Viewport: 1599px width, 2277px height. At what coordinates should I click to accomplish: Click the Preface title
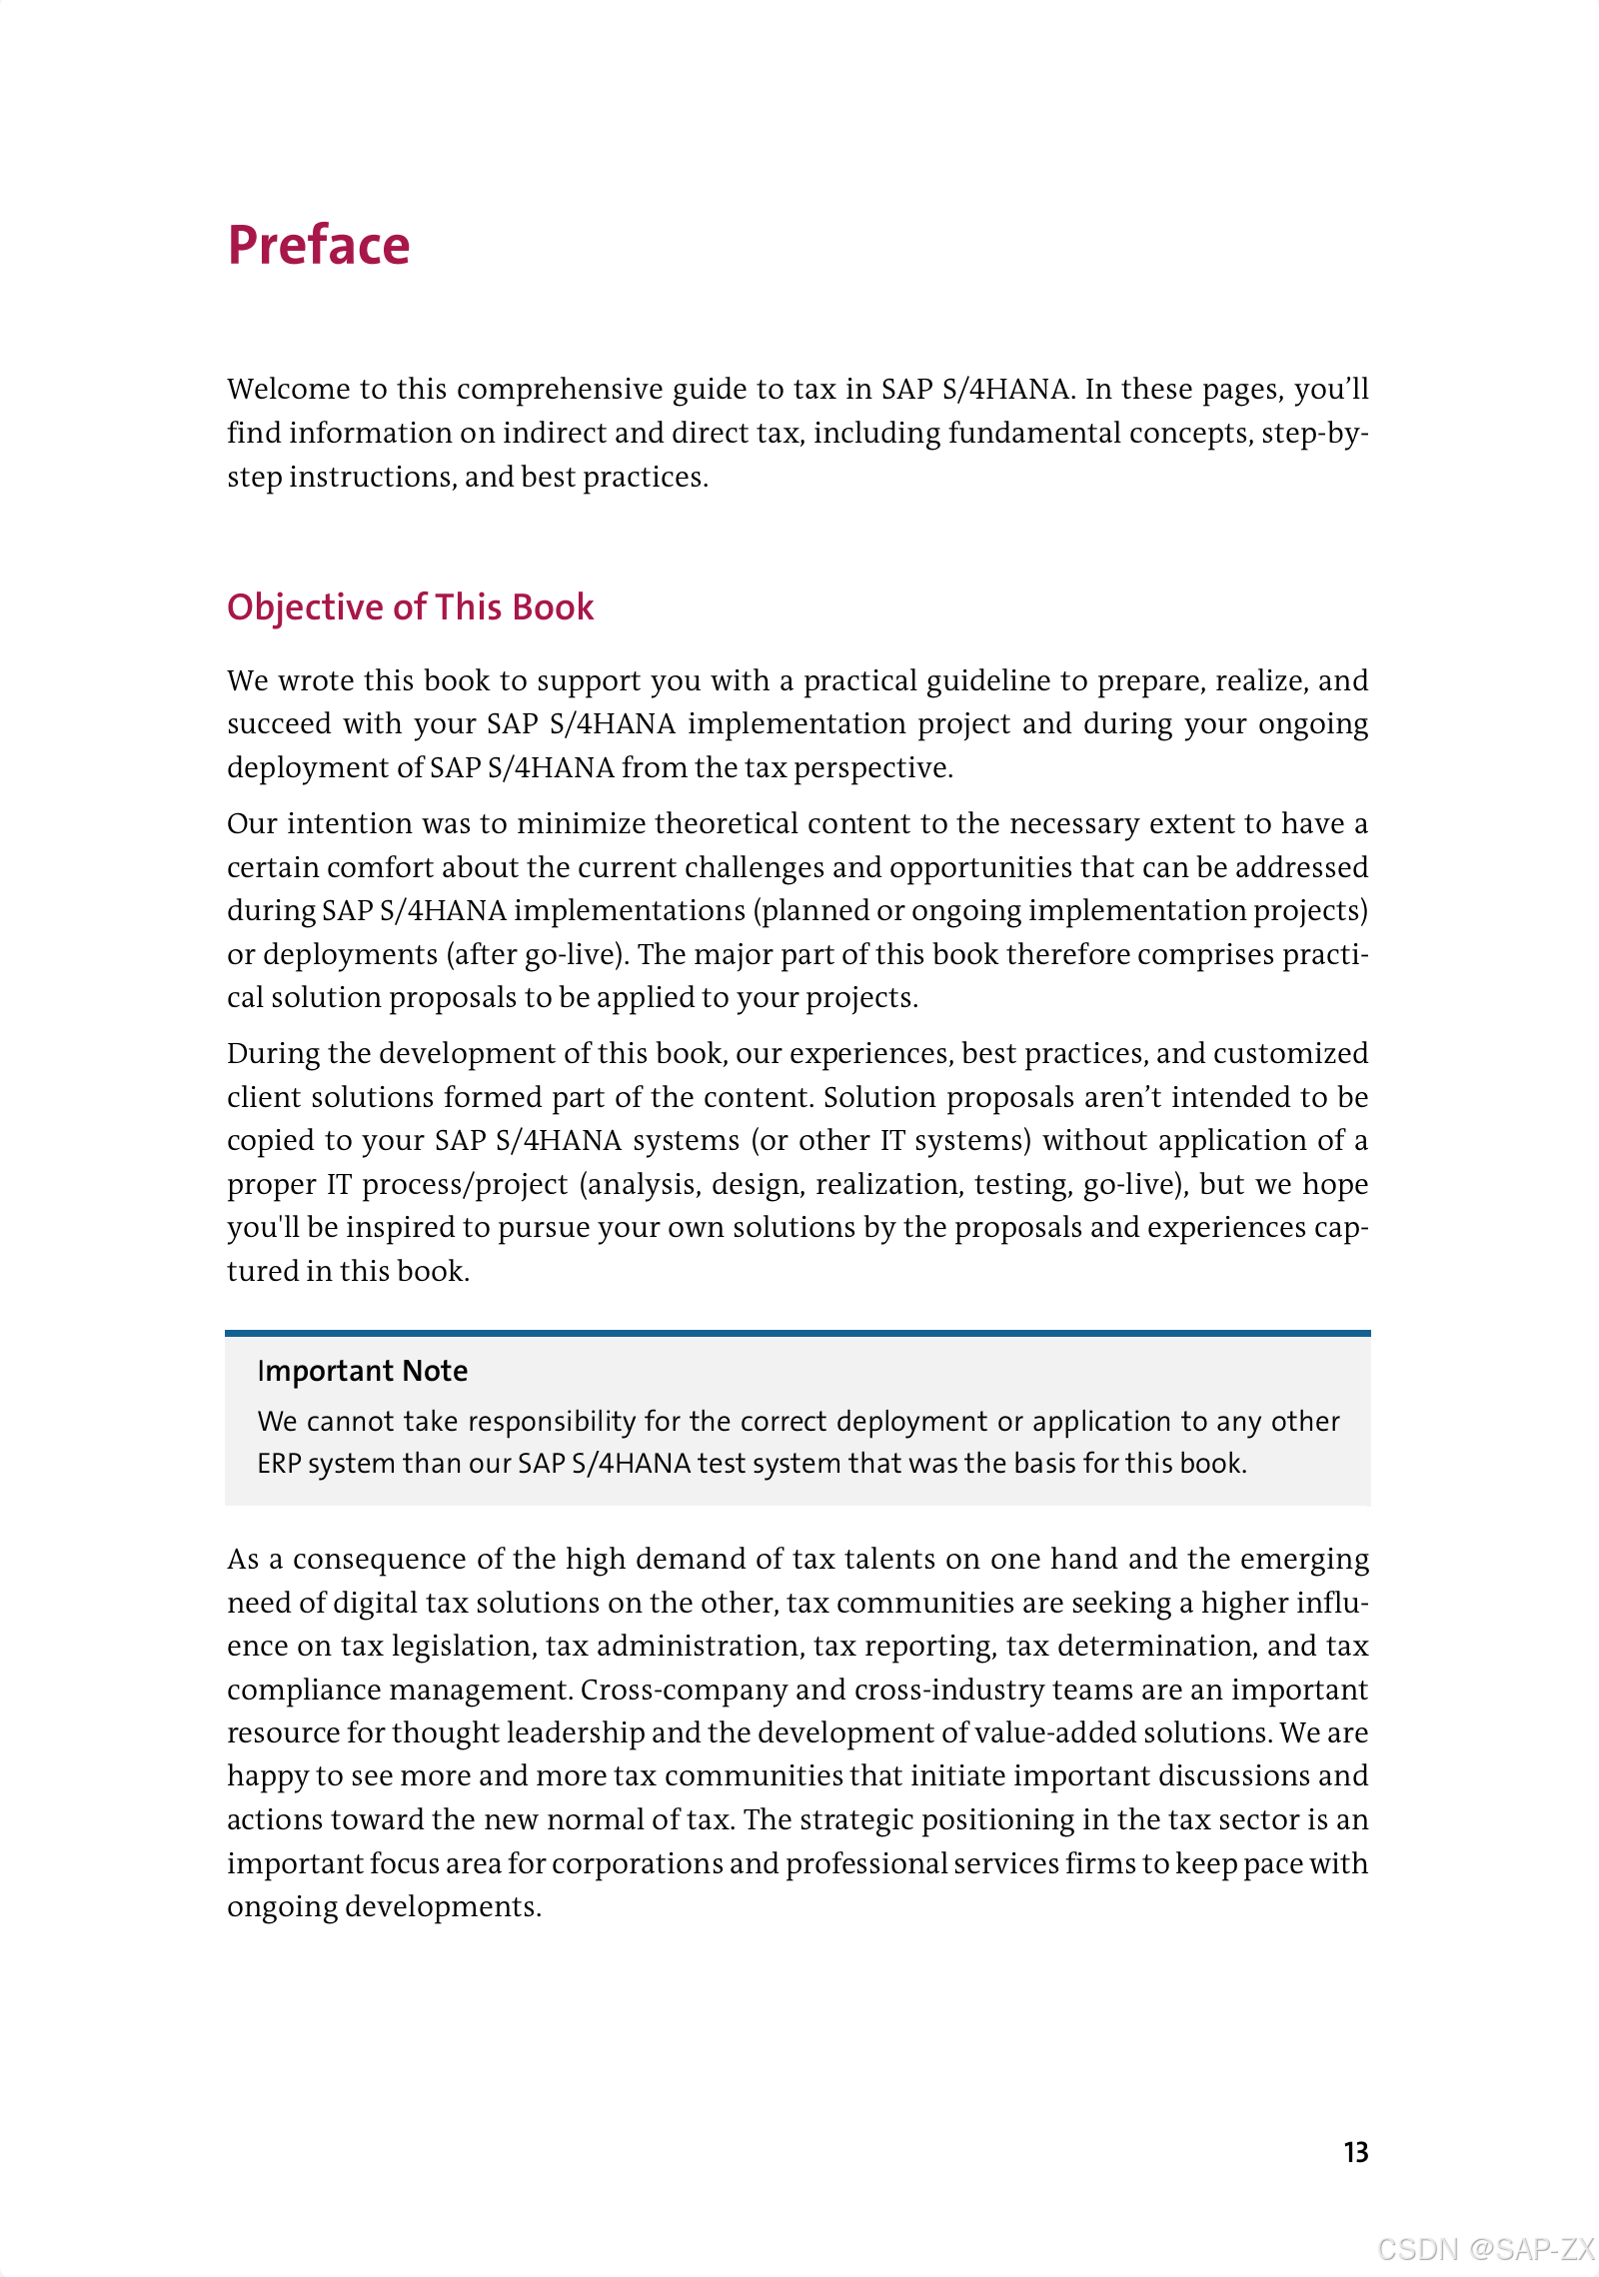click(319, 246)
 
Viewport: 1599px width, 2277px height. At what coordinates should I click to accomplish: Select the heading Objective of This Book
click(410, 607)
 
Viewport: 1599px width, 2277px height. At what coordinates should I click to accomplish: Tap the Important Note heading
click(362, 1371)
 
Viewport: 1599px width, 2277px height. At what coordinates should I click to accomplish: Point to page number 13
click(1355, 2152)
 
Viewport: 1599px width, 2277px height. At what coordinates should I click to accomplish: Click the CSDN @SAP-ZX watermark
click(1485, 2248)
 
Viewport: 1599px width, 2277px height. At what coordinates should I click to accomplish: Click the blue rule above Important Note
click(798, 1333)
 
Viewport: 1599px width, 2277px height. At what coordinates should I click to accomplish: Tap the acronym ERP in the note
click(279, 1463)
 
